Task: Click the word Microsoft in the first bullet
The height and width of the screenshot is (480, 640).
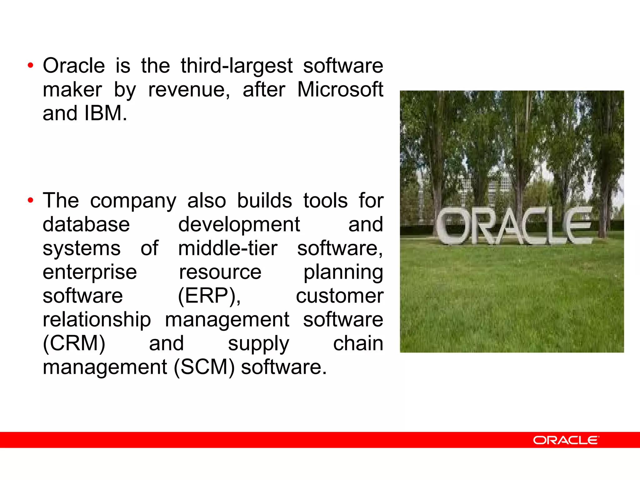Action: [x=340, y=90]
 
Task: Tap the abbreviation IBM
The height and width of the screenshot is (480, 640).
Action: [x=105, y=113]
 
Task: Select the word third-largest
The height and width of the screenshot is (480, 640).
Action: [x=237, y=66]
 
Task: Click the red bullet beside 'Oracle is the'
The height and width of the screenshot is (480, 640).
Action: [x=30, y=66]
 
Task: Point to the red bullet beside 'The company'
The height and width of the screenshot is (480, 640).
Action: [x=30, y=200]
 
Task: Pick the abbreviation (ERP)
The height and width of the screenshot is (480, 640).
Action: [x=209, y=296]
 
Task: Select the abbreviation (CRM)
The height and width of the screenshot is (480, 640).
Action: [x=74, y=343]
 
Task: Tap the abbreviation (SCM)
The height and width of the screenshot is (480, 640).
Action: [x=204, y=367]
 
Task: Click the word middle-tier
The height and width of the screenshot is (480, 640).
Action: [x=227, y=248]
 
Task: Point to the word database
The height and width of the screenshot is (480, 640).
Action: [x=86, y=224]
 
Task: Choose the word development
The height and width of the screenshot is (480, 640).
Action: [x=239, y=225]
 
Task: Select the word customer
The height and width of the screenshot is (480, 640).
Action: [x=340, y=296]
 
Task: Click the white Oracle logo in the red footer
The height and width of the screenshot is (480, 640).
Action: [x=566, y=440]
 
